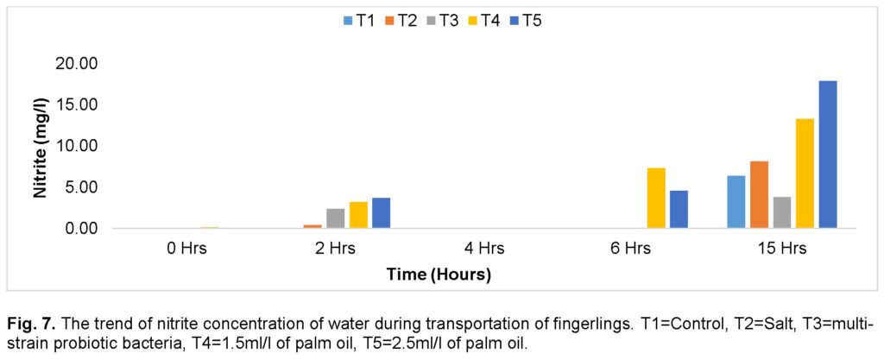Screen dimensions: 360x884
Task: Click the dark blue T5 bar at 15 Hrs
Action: point(828,155)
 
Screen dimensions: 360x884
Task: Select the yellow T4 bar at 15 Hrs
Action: point(805,174)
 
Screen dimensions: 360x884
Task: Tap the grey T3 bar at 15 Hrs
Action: point(781,212)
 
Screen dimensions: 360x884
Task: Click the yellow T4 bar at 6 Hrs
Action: point(656,198)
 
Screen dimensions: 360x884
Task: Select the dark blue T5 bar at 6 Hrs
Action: point(679,209)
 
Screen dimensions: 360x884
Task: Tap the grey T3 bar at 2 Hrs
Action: point(336,218)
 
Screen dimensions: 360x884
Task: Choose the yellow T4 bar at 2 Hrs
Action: point(358,215)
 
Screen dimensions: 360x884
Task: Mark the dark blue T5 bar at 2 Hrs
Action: point(382,213)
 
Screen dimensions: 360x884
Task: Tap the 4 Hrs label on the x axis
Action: point(484,249)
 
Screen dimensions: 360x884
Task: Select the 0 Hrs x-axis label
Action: point(187,249)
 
